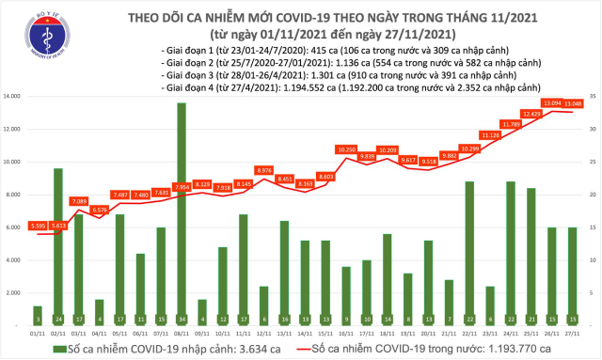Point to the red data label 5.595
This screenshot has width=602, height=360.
pos(39,227)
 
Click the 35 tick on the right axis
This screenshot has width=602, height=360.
pos(593,97)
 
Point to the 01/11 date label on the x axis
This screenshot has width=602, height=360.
pos(38,333)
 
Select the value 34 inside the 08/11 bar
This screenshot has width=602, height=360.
pos(181,319)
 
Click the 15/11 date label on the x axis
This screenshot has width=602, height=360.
pos(324,333)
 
